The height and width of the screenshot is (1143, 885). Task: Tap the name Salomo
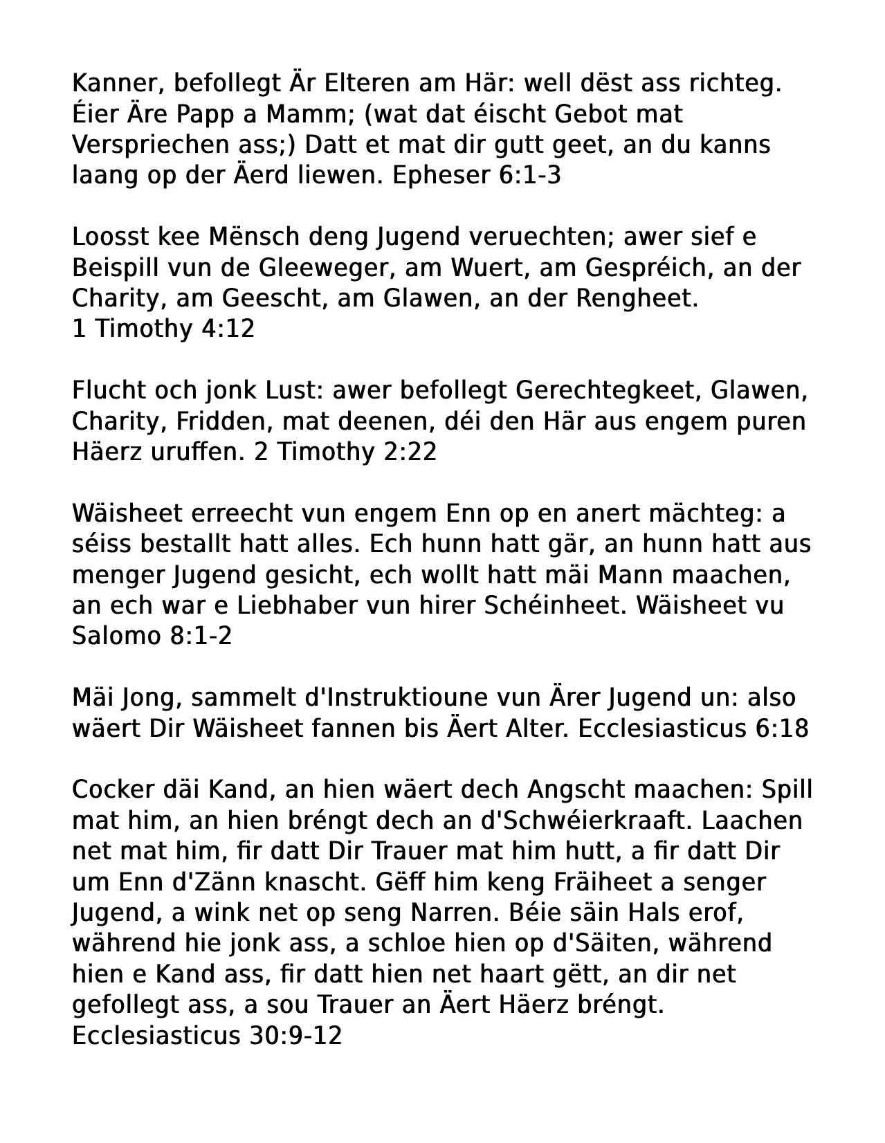pos(116,636)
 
